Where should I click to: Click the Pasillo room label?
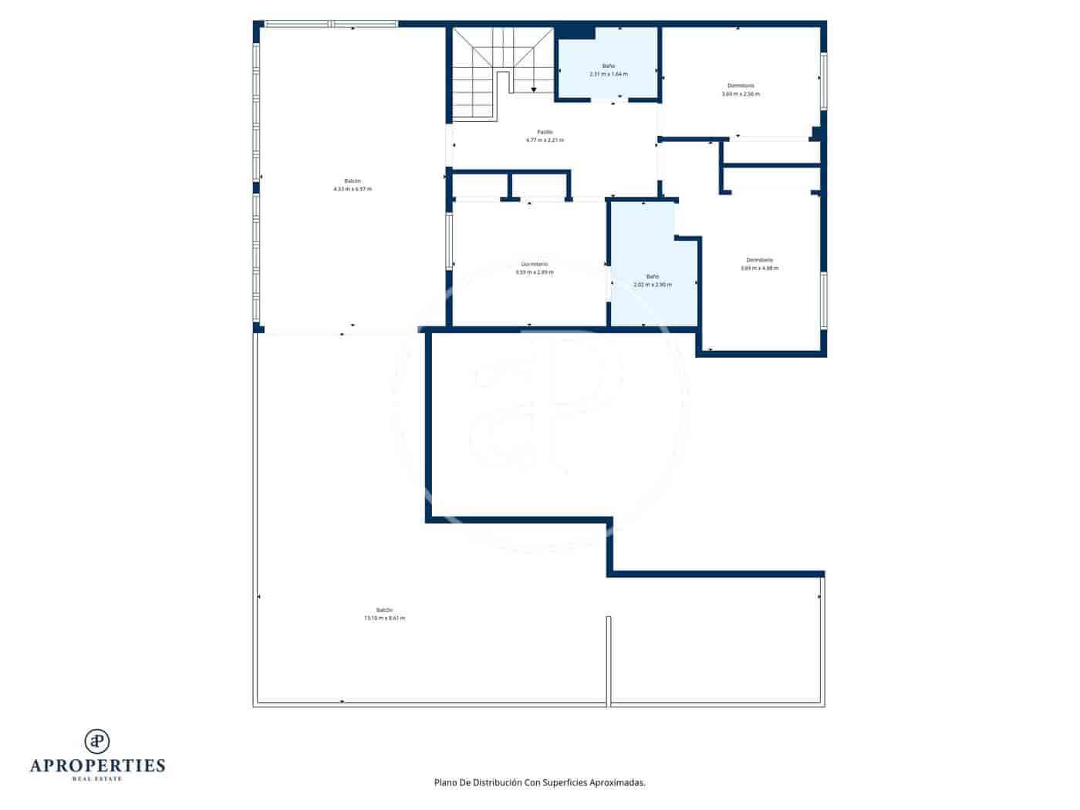[545, 132]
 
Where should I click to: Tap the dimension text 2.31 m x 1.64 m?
[609, 74]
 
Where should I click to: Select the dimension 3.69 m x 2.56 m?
[741, 94]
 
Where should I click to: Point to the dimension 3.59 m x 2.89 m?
[535, 272]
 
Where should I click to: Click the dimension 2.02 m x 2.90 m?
[653, 285]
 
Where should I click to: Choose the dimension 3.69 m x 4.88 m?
[759, 268]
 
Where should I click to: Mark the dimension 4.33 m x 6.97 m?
[353, 189]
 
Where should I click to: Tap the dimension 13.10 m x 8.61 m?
[384, 618]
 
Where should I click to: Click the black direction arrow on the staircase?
[534, 90]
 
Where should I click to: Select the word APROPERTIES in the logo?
[97, 765]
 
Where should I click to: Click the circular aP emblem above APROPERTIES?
[97, 741]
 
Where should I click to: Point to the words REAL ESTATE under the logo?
[97, 779]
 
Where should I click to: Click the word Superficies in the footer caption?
[565, 782]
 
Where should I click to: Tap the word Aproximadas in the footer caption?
[617, 782]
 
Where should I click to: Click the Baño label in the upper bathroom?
[609, 66]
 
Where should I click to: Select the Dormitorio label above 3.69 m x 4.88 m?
[759, 260]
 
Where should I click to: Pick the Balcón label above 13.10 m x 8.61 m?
[384, 609]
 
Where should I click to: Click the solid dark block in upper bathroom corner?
[575, 32]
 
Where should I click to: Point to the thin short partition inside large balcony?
[609, 660]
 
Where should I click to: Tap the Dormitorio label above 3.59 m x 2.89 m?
[535, 264]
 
